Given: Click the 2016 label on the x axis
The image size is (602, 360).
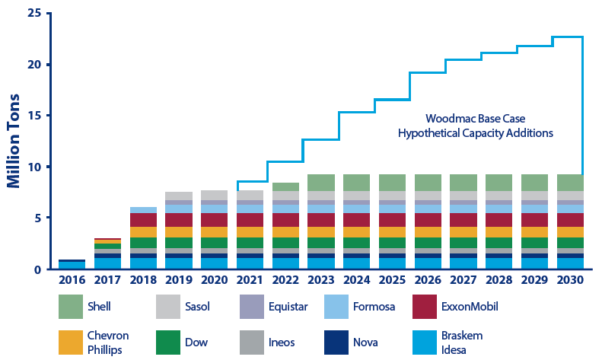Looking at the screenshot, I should click(x=72, y=279).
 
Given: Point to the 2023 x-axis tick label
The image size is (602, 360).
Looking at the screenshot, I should click(x=321, y=279).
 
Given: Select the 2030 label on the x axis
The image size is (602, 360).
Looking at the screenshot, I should click(x=570, y=279).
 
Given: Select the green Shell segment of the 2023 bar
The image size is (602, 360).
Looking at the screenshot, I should click(x=321, y=183).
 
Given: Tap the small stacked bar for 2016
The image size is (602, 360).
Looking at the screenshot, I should click(x=72, y=264).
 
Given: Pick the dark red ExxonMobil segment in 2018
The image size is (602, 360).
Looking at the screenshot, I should click(x=143, y=220).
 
